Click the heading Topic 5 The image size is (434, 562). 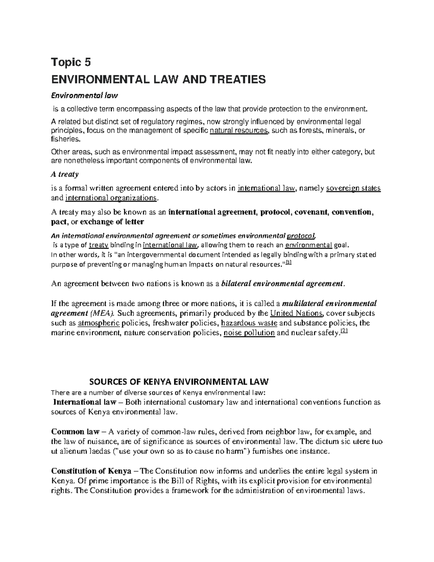[x=71, y=63]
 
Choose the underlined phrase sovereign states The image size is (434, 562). [x=353, y=188]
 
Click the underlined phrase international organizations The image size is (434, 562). [x=111, y=198]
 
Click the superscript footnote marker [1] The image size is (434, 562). [x=289, y=263]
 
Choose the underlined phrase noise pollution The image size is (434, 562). [x=249, y=333]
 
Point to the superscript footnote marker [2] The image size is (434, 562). [x=344, y=331]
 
